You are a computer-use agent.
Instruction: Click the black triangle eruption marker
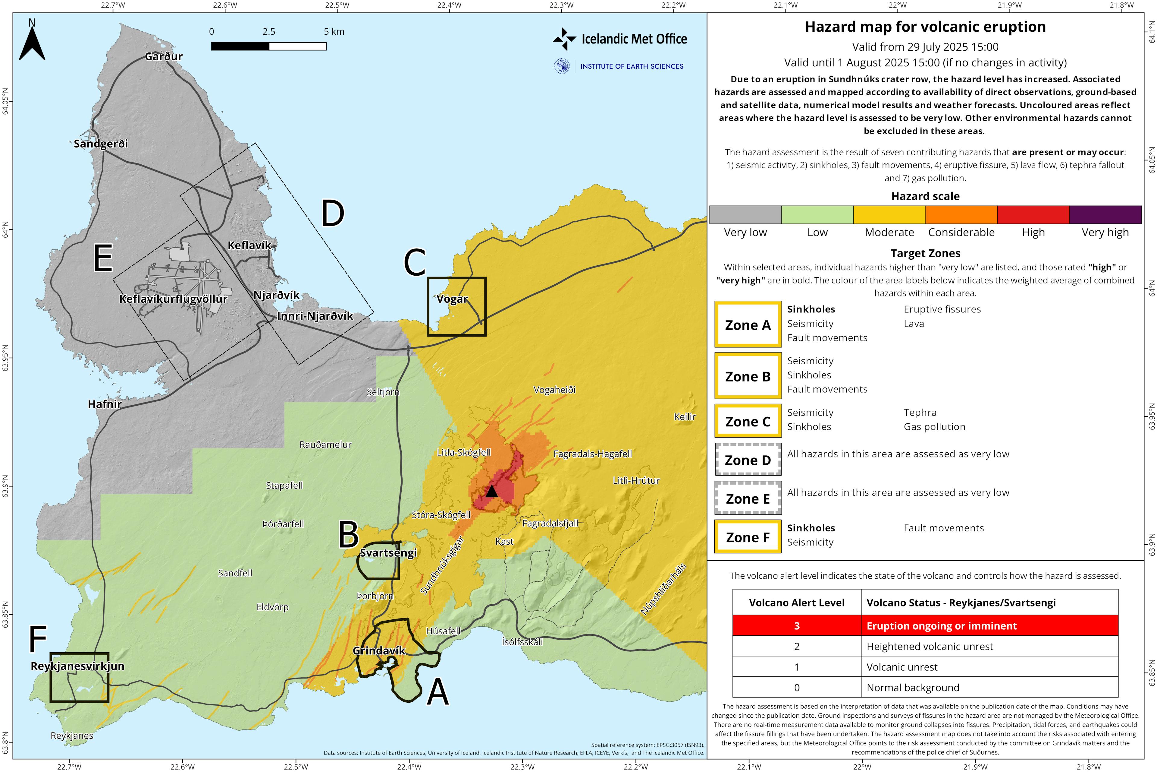point(491,491)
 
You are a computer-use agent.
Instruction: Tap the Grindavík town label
point(379,650)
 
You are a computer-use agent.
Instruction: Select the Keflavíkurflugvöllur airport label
point(173,299)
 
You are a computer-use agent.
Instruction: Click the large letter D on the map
point(333,214)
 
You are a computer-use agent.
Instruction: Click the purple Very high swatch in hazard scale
point(1105,215)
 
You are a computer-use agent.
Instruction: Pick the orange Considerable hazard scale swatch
point(961,215)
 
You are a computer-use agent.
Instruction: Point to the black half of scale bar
point(240,46)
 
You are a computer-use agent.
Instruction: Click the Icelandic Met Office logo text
point(634,39)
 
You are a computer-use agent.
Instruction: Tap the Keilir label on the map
point(684,416)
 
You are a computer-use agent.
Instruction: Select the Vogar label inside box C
point(452,299)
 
